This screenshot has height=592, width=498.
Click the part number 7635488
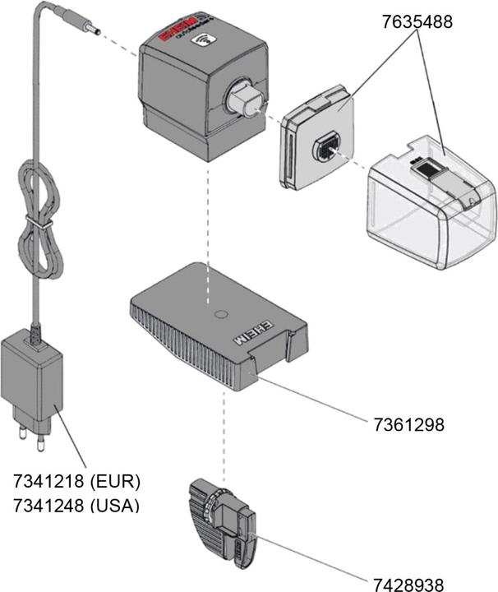click(417, 23)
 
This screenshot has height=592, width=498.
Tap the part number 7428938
click(408, 585)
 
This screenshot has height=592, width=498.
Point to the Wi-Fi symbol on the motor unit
click(201, 40)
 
